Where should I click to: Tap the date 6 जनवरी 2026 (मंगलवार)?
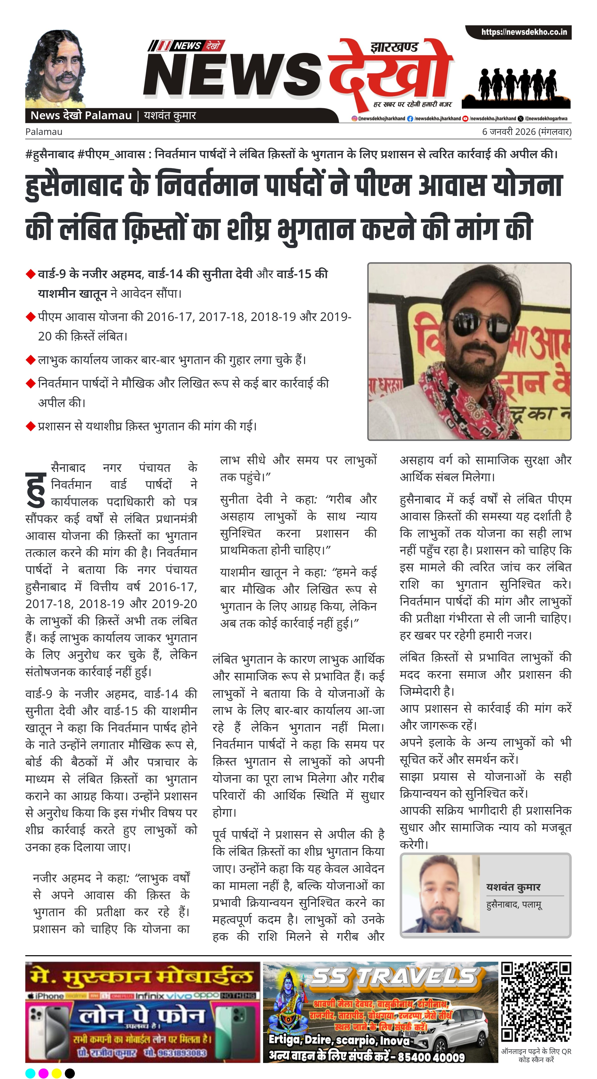526,132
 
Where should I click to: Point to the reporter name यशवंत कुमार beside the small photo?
513,887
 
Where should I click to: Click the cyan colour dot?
30,1073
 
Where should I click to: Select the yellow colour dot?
56,1073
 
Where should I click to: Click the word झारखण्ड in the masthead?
394,47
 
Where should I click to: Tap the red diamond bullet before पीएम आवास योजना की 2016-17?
30,317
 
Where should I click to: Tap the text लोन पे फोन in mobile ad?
142,1016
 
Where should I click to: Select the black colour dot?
70,1073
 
